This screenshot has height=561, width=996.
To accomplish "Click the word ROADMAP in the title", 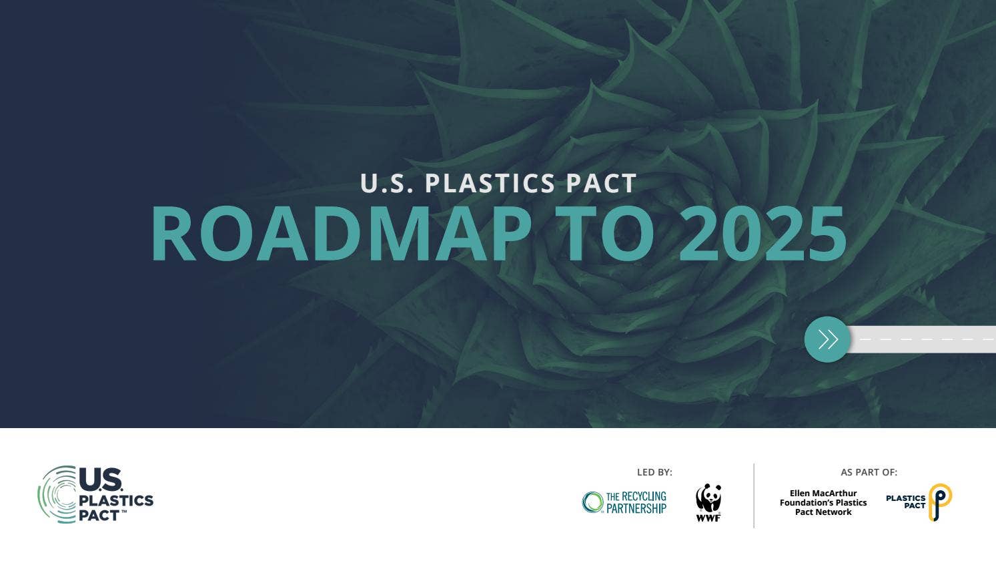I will coord(340,234).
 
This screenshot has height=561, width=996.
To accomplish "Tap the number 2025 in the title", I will coord(763,234).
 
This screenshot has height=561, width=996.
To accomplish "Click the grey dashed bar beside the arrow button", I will coord(924,339).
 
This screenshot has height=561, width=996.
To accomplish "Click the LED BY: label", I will coord(654,472).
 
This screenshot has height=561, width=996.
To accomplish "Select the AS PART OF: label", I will coord(869,472).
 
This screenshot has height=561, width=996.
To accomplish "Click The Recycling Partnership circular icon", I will coord(592,502).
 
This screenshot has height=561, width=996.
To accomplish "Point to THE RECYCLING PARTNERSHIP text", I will coord(636,502).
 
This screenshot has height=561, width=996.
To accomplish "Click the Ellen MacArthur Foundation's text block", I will coord(823,503).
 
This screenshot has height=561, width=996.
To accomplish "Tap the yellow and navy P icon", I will coord(940,502).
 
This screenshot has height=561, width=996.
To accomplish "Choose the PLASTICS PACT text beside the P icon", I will coord(905,502).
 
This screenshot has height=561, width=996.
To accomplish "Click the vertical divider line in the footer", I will coord(754,496).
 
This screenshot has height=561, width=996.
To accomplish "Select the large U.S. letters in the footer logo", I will coord(101,480).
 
